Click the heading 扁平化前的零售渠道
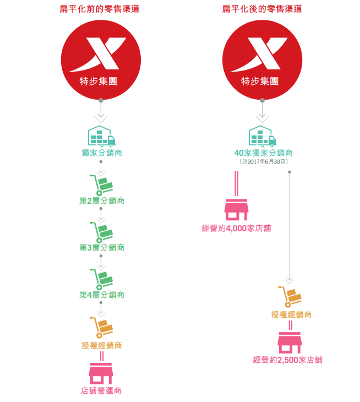tap(99, 9)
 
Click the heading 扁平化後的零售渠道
tap(262, 9)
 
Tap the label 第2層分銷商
tap(102, 200)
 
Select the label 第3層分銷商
tap(102, 247)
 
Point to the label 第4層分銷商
tap(102, 295)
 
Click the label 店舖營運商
tap(101, 390)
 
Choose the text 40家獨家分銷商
tap(263, 153)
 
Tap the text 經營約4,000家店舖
tap(236, 228)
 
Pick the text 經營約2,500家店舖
tap(288, 360)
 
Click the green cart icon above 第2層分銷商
tap(101, 184)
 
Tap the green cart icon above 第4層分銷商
tap(101, 279)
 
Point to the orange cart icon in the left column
tap(101, 327)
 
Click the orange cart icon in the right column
tap(290, 297)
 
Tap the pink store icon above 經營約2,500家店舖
tap(290, 343)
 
